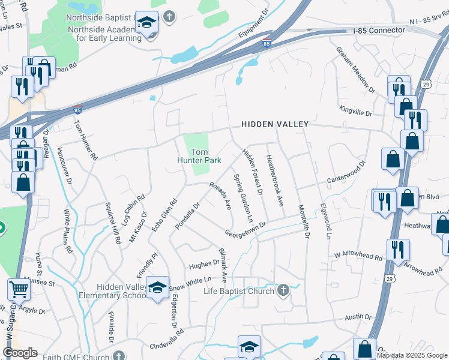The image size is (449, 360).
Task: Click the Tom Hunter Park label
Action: click(199, 156)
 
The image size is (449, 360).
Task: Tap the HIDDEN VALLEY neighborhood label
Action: click(274, 124)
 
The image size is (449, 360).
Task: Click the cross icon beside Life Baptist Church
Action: click(283, 291)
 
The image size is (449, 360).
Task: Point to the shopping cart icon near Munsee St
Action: click(19, 289)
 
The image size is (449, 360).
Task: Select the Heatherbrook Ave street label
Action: click(274, 179)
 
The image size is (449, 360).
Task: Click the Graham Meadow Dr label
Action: click(355, 70)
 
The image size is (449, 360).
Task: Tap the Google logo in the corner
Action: click(20, 353)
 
